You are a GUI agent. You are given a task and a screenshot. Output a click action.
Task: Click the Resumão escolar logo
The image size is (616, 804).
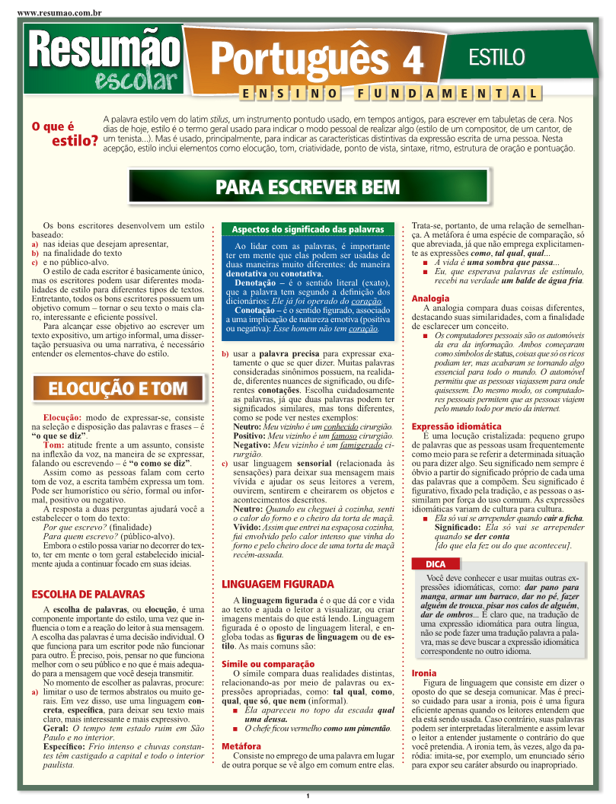(104, 59)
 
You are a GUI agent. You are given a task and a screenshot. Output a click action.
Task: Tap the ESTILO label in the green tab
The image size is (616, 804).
(496, 56)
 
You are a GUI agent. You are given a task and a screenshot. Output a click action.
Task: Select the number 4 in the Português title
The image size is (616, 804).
(412, 59)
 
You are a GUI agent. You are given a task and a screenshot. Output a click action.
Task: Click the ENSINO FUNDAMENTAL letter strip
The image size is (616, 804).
(391, 94)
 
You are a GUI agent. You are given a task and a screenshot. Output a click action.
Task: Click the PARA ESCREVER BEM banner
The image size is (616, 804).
(307, 187)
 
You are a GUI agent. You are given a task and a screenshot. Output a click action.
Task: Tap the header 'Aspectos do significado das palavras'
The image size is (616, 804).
(308, 229)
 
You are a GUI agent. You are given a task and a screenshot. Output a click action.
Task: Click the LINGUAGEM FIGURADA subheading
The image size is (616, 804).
(277, 584)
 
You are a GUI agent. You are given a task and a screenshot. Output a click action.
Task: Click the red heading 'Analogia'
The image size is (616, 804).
(430, 298)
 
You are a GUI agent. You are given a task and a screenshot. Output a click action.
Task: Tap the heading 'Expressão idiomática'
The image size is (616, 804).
(456, 426)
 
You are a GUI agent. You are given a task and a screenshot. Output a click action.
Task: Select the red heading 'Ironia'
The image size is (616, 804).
(424, 673)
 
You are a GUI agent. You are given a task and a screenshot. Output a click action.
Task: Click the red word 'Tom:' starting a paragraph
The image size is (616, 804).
(54, 445)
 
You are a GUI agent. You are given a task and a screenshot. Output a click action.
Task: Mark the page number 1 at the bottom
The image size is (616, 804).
(308, 796)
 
